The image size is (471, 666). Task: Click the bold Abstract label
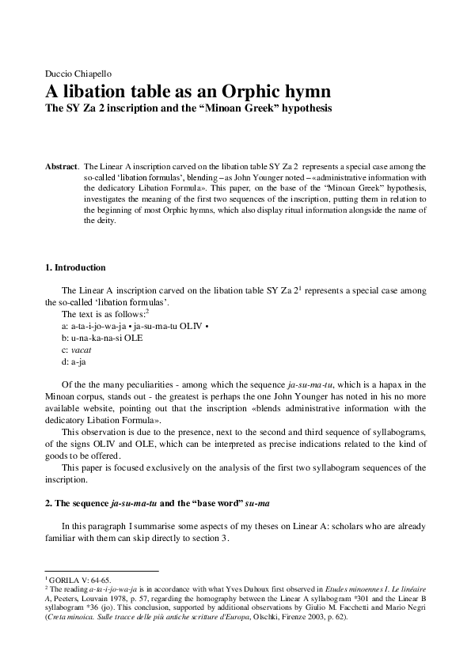61,167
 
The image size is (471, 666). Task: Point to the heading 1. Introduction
75,267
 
